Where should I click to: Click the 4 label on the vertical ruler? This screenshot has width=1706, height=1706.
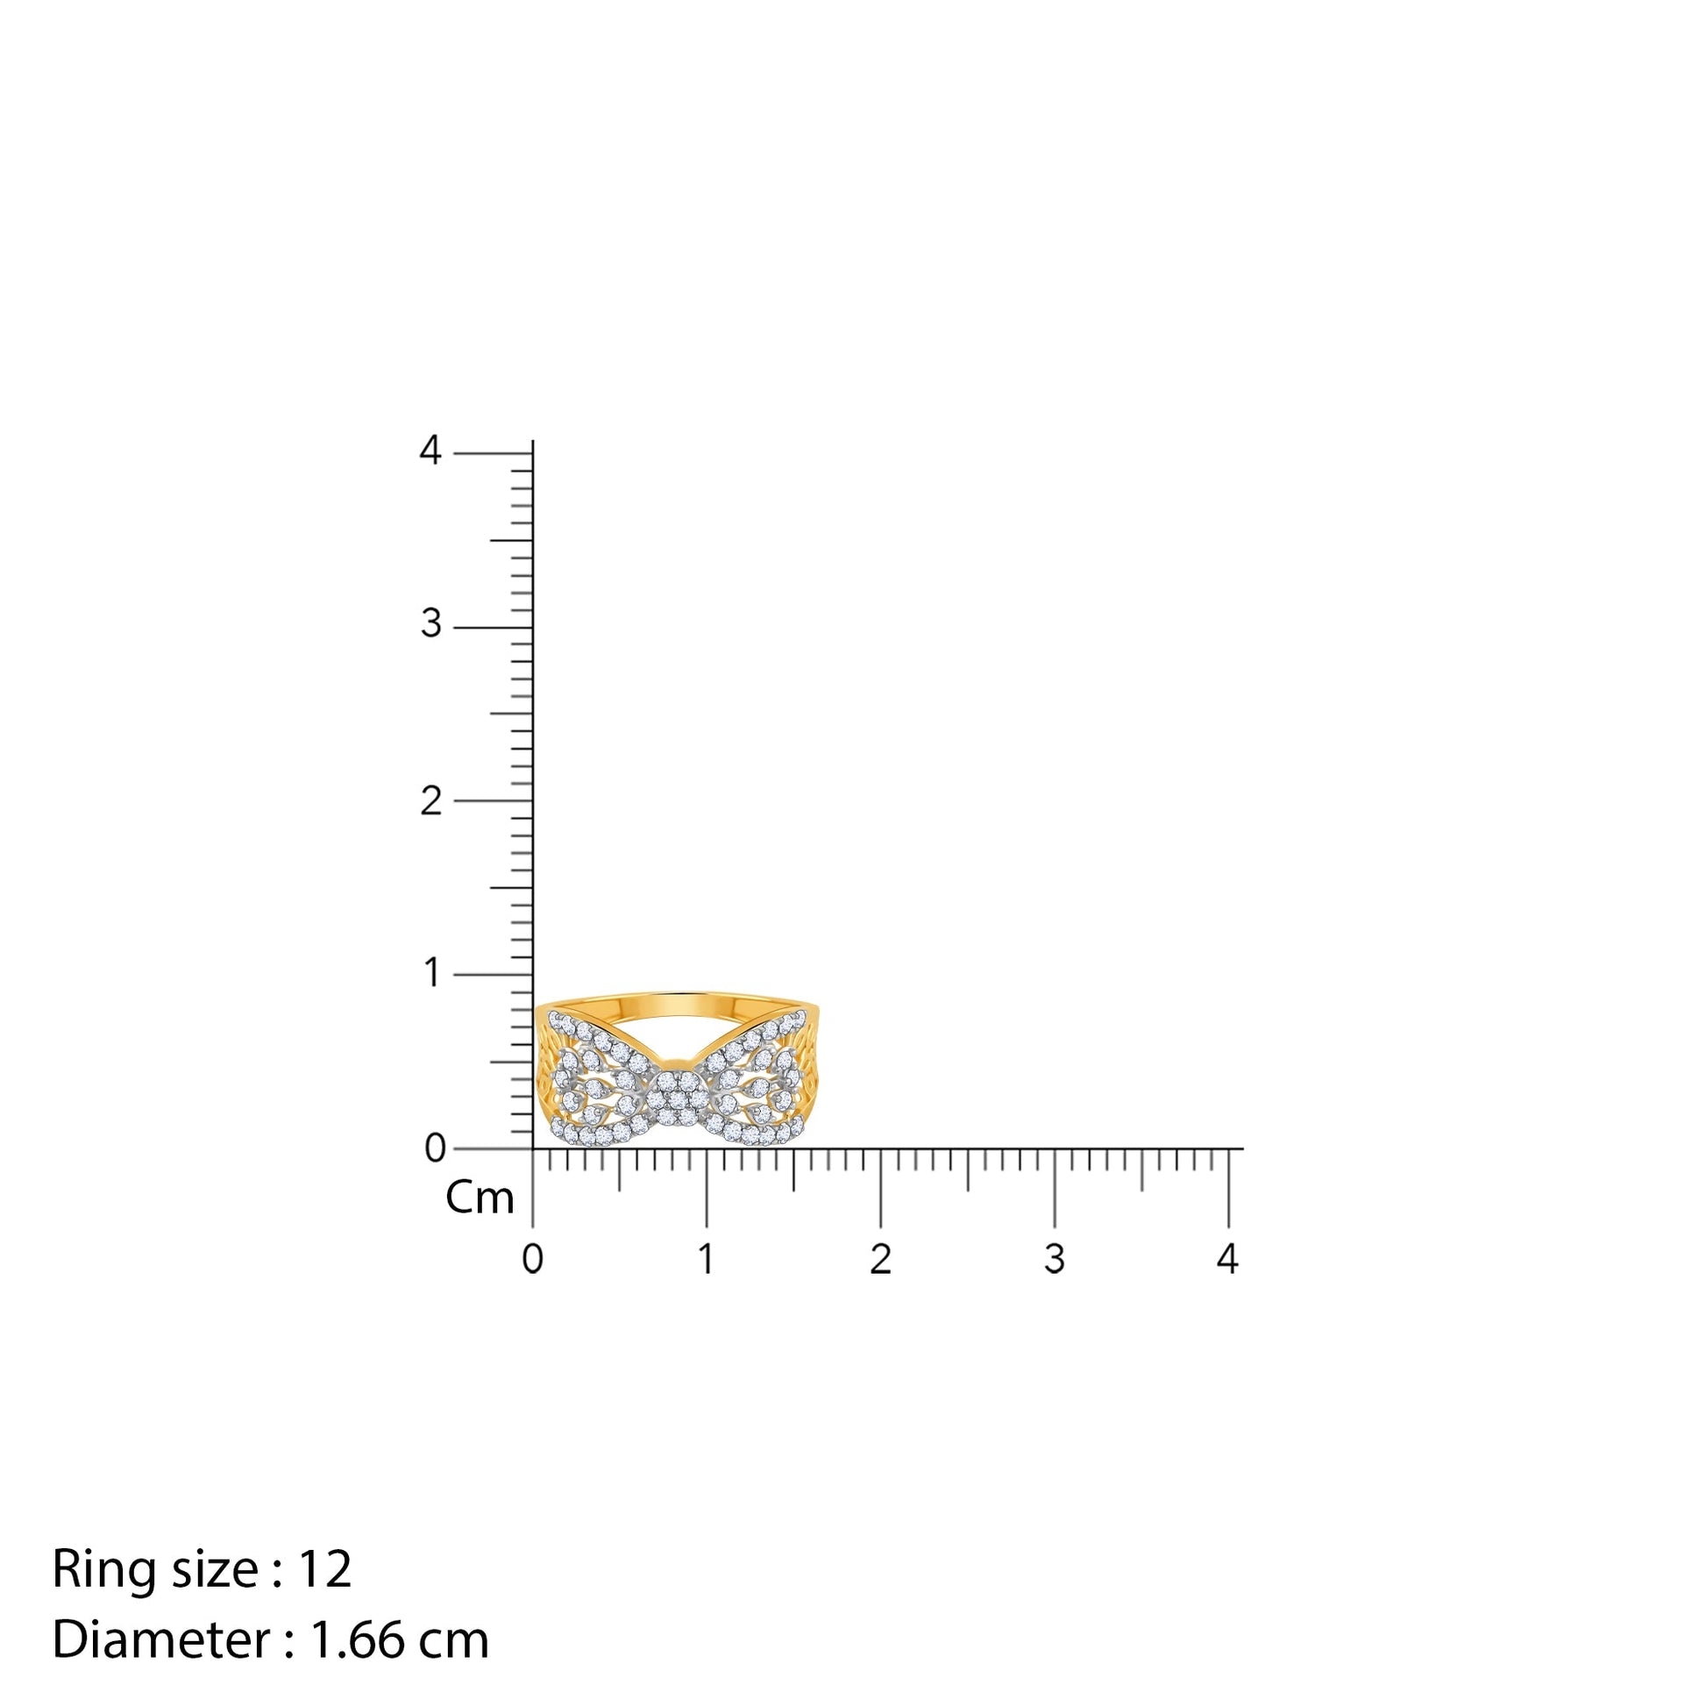point(430,451)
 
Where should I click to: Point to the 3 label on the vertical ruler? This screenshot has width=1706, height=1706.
point(431,624)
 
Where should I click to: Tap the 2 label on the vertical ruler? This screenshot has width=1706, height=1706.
point(431,801)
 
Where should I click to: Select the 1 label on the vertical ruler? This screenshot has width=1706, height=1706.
point(432,972)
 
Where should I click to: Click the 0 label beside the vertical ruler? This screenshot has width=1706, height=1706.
point(436,1148)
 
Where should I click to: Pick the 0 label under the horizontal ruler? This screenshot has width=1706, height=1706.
point(532,1259)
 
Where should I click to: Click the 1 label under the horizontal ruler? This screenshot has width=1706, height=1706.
point(706,1259)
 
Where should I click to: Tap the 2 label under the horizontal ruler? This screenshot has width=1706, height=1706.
point(880,1259)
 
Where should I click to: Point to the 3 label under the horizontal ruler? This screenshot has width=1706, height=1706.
point(1055,1259)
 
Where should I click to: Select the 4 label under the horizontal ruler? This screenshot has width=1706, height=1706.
point(1228,1259)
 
